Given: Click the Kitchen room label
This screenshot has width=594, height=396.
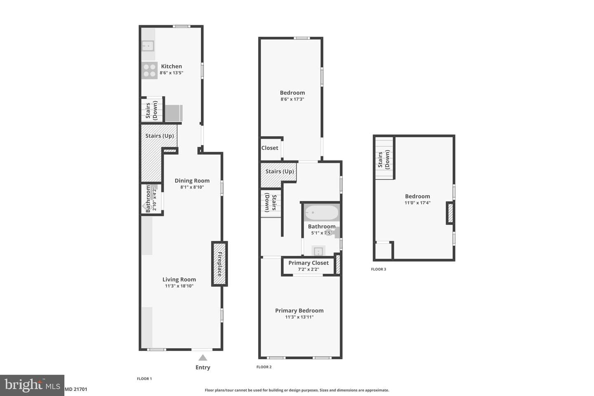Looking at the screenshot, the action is (171, 66).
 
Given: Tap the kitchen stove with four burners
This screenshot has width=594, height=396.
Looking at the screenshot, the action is (149, 70).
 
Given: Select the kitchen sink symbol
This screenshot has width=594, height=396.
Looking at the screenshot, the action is (148, 46).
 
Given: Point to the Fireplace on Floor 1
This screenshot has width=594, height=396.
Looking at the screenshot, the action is (219, 264).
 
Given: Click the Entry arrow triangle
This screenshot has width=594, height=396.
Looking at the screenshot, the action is (203, 358).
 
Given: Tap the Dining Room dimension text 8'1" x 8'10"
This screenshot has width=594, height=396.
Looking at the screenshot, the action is (192, 187).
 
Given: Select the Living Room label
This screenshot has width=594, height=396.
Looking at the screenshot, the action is (179, 279).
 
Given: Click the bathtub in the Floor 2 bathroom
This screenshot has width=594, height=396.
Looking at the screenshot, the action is (322, 213).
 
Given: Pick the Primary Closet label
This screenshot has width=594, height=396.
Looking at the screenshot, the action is (309, 263).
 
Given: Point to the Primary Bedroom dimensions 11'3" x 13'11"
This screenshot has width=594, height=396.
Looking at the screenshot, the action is (299, 317).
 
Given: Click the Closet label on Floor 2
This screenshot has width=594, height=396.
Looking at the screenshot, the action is (270, 148).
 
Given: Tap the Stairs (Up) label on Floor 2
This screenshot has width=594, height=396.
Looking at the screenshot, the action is (280, 171).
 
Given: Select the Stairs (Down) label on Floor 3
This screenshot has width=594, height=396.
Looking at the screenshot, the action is (384, 159).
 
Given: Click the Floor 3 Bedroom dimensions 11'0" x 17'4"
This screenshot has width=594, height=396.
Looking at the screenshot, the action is (417, 203).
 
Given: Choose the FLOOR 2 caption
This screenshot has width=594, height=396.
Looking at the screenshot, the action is (264, 367).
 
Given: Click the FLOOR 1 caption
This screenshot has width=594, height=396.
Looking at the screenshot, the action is (144, 379).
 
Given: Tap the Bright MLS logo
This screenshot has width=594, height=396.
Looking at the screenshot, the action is (32, 385).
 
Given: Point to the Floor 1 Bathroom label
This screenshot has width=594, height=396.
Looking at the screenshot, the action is (148, 199).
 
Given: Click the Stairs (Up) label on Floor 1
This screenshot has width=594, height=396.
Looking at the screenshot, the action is (159, 136).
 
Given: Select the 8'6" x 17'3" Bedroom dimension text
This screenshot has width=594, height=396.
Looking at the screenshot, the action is (292, 99).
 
